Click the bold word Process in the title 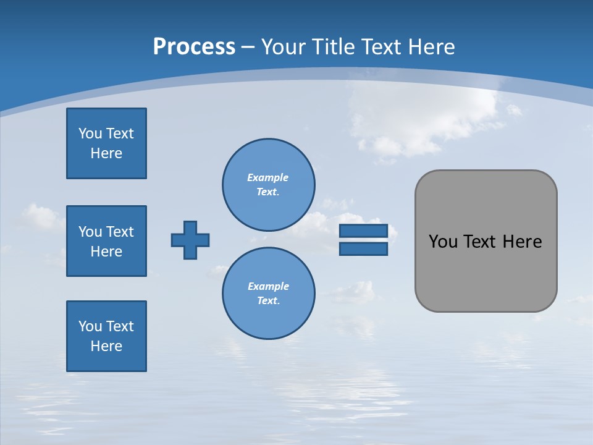pos(194,47)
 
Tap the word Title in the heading pos(332,47)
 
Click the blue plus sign pos(190,240)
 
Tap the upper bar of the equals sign pos(363,231)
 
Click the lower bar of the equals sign pos(363,249)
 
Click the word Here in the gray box pos(522,242)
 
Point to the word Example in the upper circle pos(268,177)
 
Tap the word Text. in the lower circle pos(268,301)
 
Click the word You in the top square pos(90,133)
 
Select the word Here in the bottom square pos(106,346)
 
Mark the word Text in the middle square pos(120,232)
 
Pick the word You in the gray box pos(443,242)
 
